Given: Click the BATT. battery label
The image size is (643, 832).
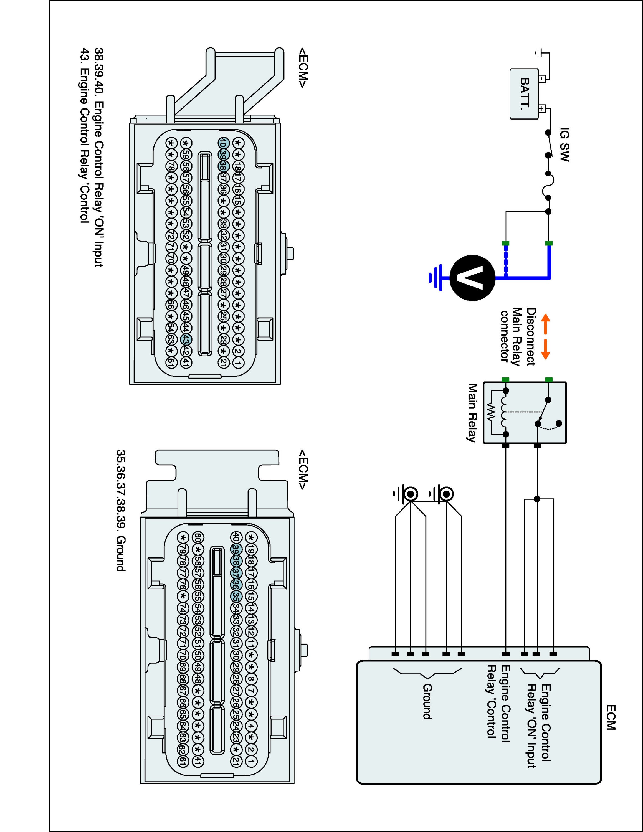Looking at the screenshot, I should tap(525, 93).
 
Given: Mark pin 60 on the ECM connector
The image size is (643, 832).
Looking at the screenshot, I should tap(198, 537).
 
